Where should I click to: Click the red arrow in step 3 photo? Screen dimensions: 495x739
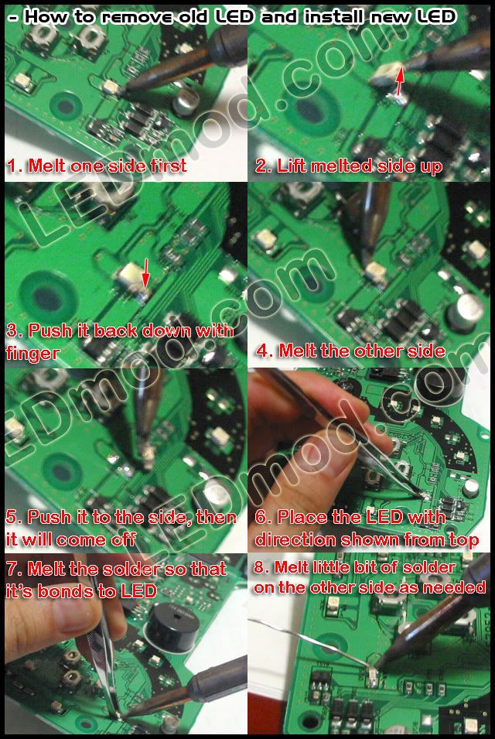(x=145, y=273)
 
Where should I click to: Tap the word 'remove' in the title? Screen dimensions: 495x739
(x=130, y=18)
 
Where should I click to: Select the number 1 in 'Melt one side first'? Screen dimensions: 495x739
(x=12, y=166)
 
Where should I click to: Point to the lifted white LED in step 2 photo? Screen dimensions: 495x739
(x=385, y=75)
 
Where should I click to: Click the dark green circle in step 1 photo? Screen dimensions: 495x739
(x=66, y=105)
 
